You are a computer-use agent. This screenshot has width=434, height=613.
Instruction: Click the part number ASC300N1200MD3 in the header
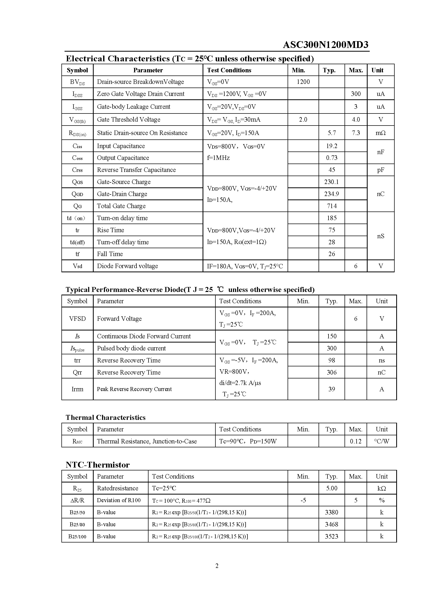(x=325, y=45)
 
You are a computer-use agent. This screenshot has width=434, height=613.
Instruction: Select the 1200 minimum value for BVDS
(x=303, y=82)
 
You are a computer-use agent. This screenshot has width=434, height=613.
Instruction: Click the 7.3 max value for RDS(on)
(x=356, y=133)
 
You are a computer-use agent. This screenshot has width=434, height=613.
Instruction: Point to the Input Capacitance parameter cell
(x=121, y=146)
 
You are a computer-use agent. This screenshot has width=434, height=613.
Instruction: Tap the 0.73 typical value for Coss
(x=332, y=158)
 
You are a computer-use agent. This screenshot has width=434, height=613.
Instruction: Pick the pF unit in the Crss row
(x=380, y=170)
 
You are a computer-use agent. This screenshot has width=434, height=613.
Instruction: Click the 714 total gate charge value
(x=332, y=206)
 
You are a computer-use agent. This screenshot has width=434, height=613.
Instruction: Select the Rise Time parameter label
(x=110, y=230)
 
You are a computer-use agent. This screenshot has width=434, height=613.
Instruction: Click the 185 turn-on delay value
(x=332, y=218)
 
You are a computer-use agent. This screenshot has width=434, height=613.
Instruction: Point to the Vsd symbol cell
(x=77, y=266)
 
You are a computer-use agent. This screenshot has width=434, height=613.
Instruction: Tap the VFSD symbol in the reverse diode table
(x=77, y=318)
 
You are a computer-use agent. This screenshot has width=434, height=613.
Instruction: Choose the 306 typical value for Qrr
(x=332, y=372)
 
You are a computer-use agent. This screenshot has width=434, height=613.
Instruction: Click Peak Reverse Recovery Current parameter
(x=134, y=389)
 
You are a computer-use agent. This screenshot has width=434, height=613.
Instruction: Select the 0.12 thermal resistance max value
(x=356, y=441)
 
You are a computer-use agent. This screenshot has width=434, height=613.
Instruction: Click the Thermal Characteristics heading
(x=105, y=417)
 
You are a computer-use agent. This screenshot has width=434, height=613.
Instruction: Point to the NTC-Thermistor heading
(x=98, y=465)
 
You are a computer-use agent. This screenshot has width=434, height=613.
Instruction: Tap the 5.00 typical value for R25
(x=332, y=488)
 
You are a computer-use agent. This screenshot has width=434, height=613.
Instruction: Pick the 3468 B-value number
(x=332, y=524)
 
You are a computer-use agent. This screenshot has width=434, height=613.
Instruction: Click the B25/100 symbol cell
(x=77, y=536)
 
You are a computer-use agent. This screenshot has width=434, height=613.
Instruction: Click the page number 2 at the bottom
(x=217, y=566)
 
